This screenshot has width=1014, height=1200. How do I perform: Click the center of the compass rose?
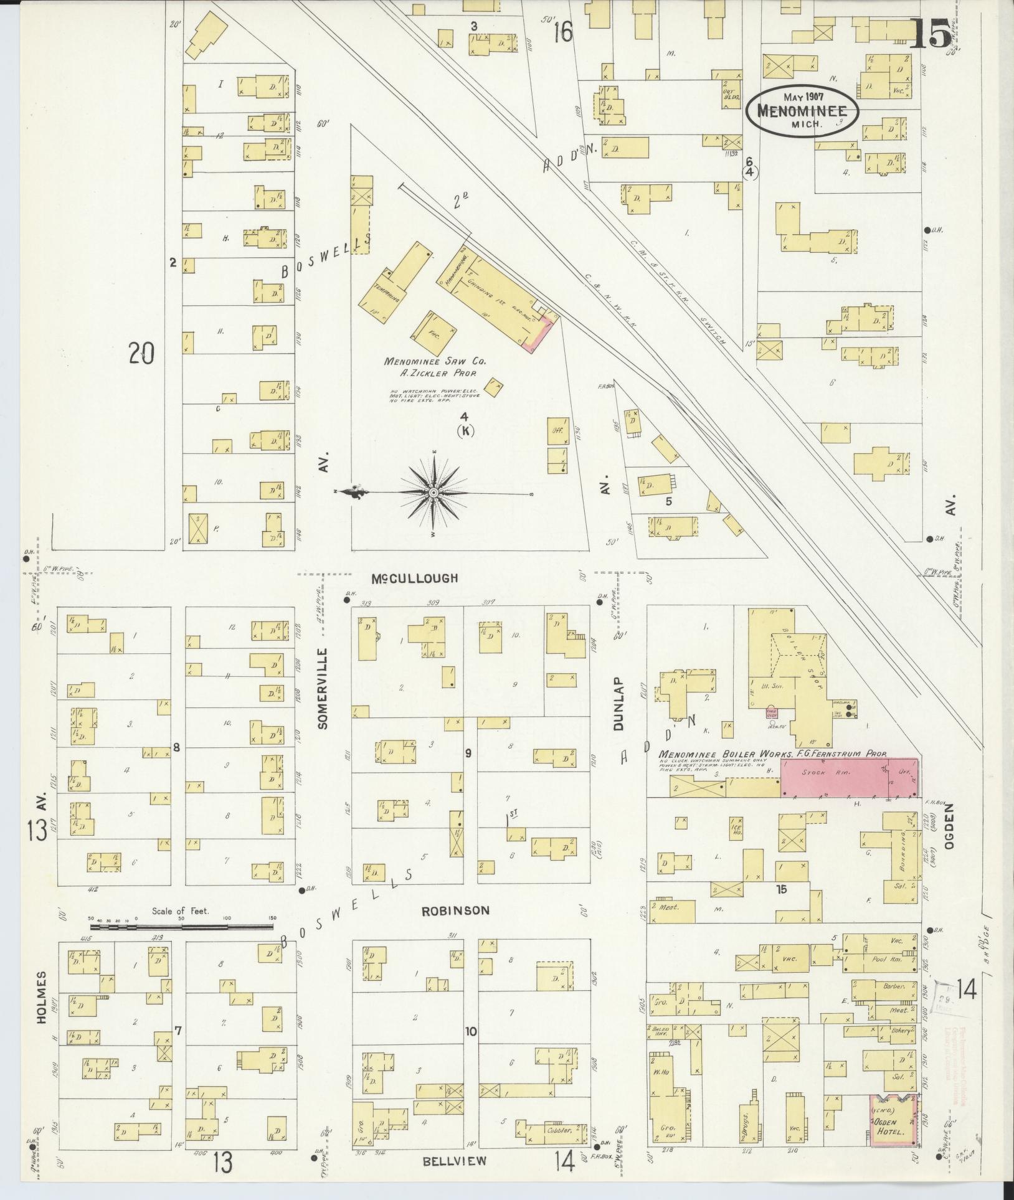(433, 493)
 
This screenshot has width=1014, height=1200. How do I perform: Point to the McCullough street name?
(423, 578)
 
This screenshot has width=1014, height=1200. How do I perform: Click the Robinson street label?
(455, 910)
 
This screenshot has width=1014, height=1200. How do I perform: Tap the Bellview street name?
(454, 1161)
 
